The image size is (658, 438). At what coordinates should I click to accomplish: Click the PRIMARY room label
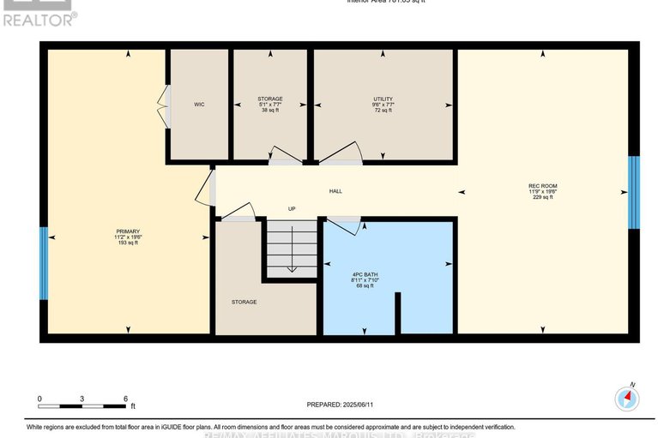(x=127, y=231)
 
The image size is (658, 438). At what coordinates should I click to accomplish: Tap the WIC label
(x=198, y=105)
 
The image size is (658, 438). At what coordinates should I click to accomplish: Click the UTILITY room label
(x=383, y=99)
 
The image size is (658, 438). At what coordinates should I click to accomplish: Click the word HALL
(x=336, y=191)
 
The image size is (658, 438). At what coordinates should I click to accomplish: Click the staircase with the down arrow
(x=291, y=249)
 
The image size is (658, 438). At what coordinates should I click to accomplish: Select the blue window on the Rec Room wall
(x=634, y=193)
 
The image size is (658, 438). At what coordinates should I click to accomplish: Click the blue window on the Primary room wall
(x=43, y=263)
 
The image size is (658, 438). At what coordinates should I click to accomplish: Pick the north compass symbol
(x=628, y=398)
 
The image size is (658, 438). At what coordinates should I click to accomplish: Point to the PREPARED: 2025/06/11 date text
(x=341, y=405)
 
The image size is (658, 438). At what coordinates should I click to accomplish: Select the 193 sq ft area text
(x=127, y=243)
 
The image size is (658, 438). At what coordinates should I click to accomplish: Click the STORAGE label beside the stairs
(x=244, y=302)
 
